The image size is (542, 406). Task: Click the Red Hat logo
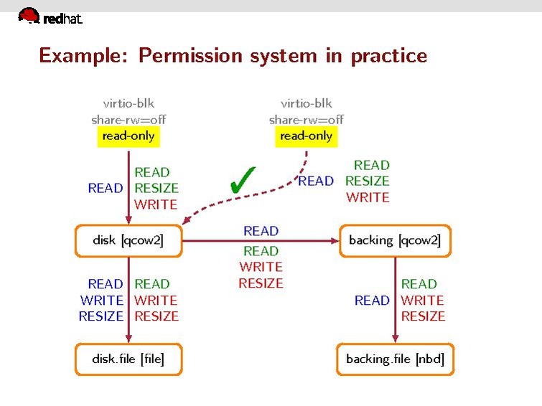(x=50, y=16)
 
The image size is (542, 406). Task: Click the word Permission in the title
(x=190, y=55)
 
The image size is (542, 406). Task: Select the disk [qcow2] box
(x=129, y=240)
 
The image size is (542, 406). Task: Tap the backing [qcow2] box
(x=394, y=240)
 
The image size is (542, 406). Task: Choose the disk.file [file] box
(x=129, y=359)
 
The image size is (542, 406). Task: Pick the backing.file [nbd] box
(x=395, y=359)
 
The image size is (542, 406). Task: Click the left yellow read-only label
(x=129, y=135)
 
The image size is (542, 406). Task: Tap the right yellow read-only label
(x=307, y=135)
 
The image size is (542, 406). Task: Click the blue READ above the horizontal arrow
(x=261, y=231)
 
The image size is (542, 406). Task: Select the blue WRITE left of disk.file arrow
(x=102, y=300)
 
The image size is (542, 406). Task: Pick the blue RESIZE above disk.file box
(x=101, y=316)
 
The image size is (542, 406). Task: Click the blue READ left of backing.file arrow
(x=372, y=300)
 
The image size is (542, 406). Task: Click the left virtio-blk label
(x=129, y=103)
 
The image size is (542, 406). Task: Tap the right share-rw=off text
(x=307, y=119)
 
